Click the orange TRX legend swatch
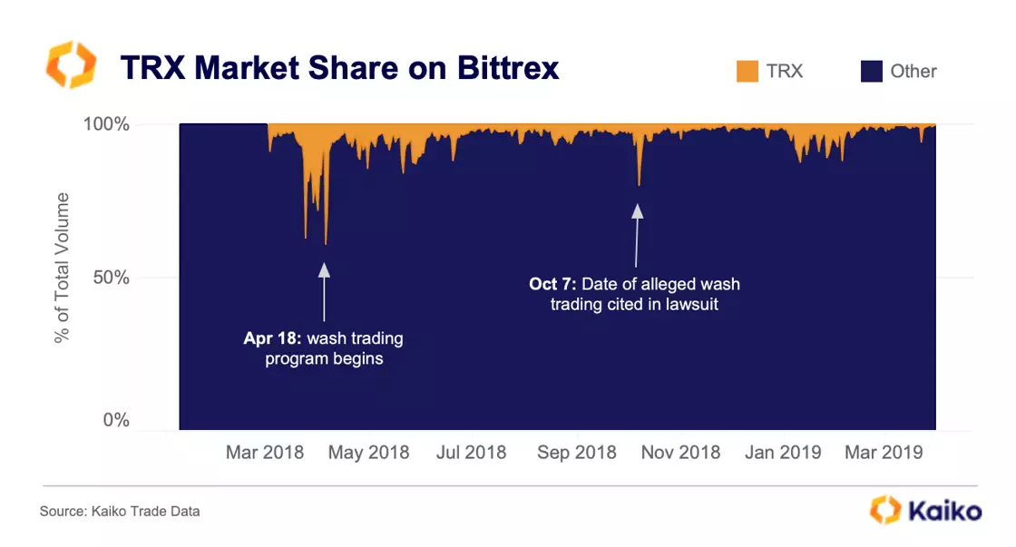pyautogui.click(x=747, y=72)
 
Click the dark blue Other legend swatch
pyautogui.click(x=871, y=72)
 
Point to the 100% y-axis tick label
pyautogui.click(x=107, y=124)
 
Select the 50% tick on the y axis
pyautogui.click(x=112, y=278)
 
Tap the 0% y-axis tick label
pyautogui.click(x=117, y=421)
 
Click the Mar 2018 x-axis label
pyautogui.click(x=265, y=452)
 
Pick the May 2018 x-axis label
pyautogui.click(x=369, y=452)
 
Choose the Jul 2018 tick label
pyautogui.click(x=472, y=452)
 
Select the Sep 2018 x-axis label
pyautogui.click(x=577, y=452)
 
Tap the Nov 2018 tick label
pyautogui.click(x=681, y=452)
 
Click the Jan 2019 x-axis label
pyautogui.click(x=784, y=452)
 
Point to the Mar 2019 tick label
pyautogui.click(x=884, y=452)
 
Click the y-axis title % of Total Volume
pyautogui.click(x=63, y=267)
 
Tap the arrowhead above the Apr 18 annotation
pyautogui.click(x=324, y=269)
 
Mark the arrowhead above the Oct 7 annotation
pyautogui.click(x=637, y=210)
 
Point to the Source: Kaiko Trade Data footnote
pyautogui.click(x=120, y=512)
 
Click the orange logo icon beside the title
pyautogui.click(x=71, y=64)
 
